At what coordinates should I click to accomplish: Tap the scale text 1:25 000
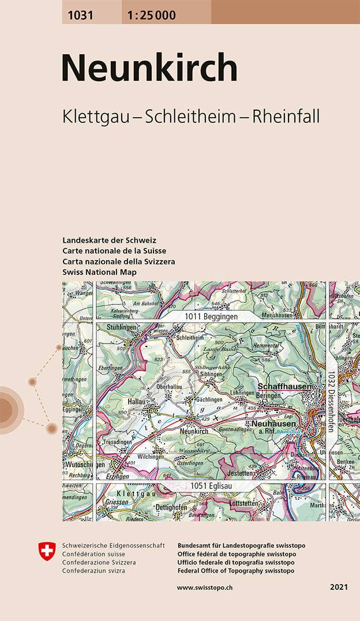pos(149,16)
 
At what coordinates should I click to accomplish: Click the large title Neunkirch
pos(149,69)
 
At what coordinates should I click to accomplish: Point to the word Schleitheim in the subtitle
pos(190,116)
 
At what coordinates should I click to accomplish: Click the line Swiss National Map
pos(99,272)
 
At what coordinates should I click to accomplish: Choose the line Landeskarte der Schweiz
pos(109,240)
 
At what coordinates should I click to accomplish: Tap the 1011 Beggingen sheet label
pos(211,317)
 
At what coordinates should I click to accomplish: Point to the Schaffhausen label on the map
pos(284,386)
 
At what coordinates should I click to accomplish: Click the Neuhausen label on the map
pos(273,423)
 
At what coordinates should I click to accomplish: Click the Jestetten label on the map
pos(237,473)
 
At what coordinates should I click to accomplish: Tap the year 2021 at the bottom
pos(339,587)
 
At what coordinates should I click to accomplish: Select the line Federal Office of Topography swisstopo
pos(236,570)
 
